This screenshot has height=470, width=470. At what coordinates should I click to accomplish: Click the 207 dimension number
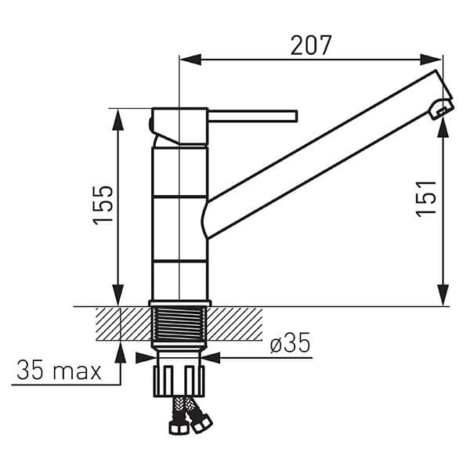click(311, 45)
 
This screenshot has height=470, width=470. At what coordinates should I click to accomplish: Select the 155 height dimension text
click(103, 205)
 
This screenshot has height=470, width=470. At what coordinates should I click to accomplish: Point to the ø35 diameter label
click(289, 343)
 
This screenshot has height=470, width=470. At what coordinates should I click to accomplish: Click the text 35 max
click(59, 370)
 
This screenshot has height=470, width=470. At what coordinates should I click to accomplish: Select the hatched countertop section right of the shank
click(235, 323)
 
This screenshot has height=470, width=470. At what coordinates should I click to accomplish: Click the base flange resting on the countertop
click(179, 302)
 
